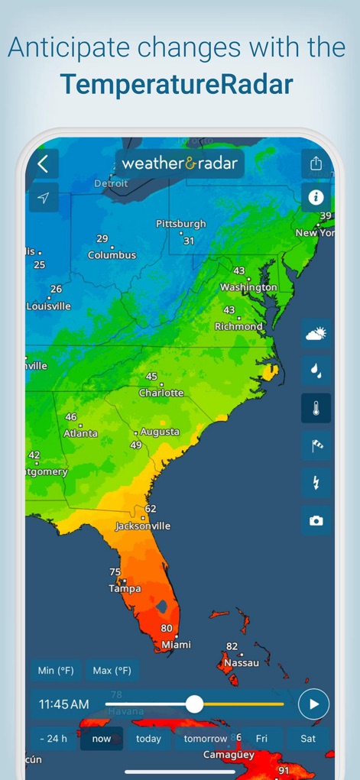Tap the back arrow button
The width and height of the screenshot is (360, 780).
coord(44,163)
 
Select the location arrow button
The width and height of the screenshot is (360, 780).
coord(44,199)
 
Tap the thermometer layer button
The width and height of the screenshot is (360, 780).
coord(316,408)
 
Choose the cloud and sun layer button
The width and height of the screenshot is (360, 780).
coord(316,334)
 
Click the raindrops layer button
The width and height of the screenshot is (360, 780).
coord(316,371)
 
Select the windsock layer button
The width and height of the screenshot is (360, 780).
coord(316,445)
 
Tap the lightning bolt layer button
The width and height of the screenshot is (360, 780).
coord(316,483)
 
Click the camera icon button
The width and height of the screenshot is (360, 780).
coord(316,520)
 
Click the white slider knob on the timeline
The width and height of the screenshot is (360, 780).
coord(195,704)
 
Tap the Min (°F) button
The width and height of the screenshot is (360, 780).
coord(57,671)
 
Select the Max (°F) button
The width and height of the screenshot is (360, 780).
coord(112,671)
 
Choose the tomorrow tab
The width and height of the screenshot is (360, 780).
coord(206,739)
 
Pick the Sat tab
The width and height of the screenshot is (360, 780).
coord(308,739)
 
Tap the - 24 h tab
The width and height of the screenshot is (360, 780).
coord(54,739)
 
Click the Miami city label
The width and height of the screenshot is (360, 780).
coord(177,646)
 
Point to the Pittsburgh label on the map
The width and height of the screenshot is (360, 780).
coord(181,224)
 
